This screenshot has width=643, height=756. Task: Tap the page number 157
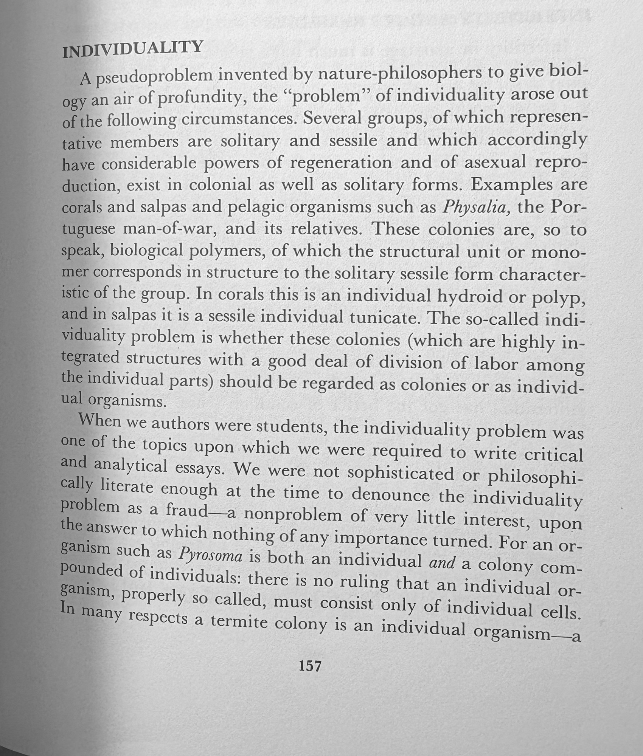[310, 665]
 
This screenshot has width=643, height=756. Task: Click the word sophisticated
[401, 474]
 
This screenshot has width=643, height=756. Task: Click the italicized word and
[441, 563]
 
